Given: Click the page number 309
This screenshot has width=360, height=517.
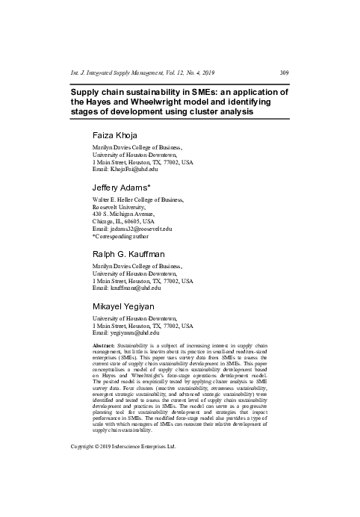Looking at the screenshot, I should point(284,72).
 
